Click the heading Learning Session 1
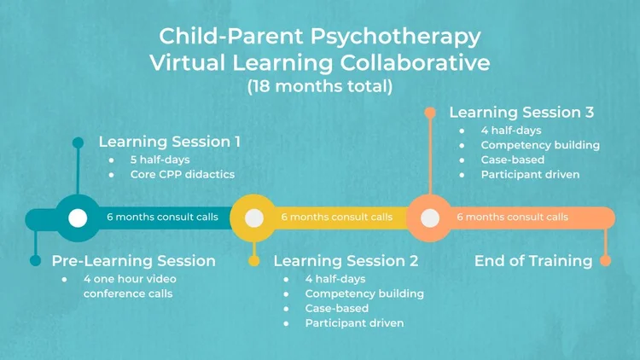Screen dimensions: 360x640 coord(169,142)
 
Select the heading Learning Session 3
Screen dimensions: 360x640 coord(521,112)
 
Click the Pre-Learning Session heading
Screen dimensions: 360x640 coord(133,260)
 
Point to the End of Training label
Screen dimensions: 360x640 coord(533,260)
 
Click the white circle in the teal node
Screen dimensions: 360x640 coord(78,218)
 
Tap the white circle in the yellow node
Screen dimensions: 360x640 coord(253,218)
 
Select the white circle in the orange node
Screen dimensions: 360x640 coord(430,218)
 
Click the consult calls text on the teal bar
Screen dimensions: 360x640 coord(162,218)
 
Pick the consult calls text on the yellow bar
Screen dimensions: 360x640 coord(337,218)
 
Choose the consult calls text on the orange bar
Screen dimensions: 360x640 coord(512,218)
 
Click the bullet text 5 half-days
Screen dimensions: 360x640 coord(160,160)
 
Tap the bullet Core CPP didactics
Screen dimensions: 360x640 coord(182,174)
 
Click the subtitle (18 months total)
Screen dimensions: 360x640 coord(320,86)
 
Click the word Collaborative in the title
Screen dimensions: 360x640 coord(416,62)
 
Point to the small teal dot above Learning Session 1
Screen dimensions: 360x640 coord(78,142)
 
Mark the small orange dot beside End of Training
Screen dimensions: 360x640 coord(605,260)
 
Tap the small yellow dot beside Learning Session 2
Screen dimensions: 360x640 coord(253,260)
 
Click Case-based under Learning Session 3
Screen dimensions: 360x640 coord(512,160)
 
